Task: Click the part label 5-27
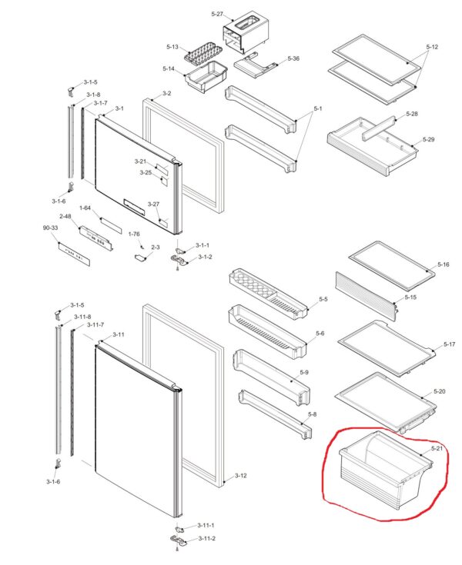(x=217, y=14)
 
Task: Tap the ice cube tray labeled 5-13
(x=199, y=53)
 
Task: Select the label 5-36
(x=293, y=58)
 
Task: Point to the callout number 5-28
(x=412, y=114)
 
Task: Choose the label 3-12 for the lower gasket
(x=241, y=476)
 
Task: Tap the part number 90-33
(x=50, y=228)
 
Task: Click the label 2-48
(x=65, y=216)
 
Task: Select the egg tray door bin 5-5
(x=269, y=293)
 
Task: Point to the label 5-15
(x=410, y=297)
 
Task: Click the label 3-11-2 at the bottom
(x=207, y=538)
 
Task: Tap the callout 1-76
(x=134, y=234)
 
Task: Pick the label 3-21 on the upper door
(x=140, y=161)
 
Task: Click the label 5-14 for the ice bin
(x=169, y=68)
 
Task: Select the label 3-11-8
(x=82, y=317)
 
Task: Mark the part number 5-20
(x=440, y=391)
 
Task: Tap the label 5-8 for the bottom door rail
(x=312, y=414)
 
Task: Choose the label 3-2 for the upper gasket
(x=167, y=94)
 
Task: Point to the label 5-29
(x=428, y=139)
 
